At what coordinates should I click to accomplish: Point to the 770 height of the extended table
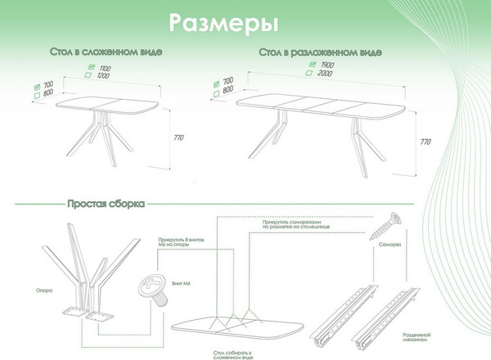pyautogui.click(x=425, y=142)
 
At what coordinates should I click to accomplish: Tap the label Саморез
pyautogui.click(x=388, y=245)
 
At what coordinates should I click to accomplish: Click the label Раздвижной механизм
pyautogui.click(x=418, y=339)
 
